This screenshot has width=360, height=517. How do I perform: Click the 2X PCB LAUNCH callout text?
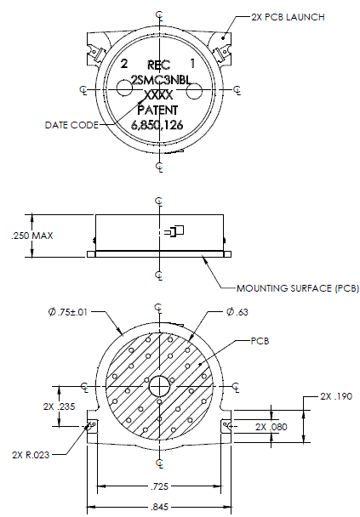[288, 17]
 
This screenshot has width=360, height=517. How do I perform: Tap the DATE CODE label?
[71, 125]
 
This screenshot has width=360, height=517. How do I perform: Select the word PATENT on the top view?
[157, 111]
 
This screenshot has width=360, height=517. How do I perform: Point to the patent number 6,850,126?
[157, 125]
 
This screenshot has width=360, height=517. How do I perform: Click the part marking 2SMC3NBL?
[162, 80]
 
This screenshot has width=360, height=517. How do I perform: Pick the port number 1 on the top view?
[192, 63]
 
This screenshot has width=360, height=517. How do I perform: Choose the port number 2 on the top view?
[124, 63]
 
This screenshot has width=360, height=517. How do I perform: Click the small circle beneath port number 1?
[194, 90]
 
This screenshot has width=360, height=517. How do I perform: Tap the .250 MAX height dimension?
[32, 236]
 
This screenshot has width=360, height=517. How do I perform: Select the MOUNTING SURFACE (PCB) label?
[298, 288]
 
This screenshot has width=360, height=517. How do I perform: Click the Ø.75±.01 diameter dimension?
[68, 312]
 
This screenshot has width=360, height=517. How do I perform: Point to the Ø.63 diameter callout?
[237, 311]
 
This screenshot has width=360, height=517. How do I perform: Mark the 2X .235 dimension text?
[59, 406]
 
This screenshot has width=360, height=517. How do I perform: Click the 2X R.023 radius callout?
[31, 455]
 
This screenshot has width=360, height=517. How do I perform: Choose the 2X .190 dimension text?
[336, 396]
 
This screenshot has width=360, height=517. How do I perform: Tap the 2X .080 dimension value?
[271, 427]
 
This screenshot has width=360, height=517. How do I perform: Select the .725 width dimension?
[159, 486]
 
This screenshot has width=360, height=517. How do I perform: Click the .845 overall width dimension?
[159, 507]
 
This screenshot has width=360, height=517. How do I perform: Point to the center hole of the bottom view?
[159, 386]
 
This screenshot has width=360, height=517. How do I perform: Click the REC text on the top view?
[158, 65]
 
